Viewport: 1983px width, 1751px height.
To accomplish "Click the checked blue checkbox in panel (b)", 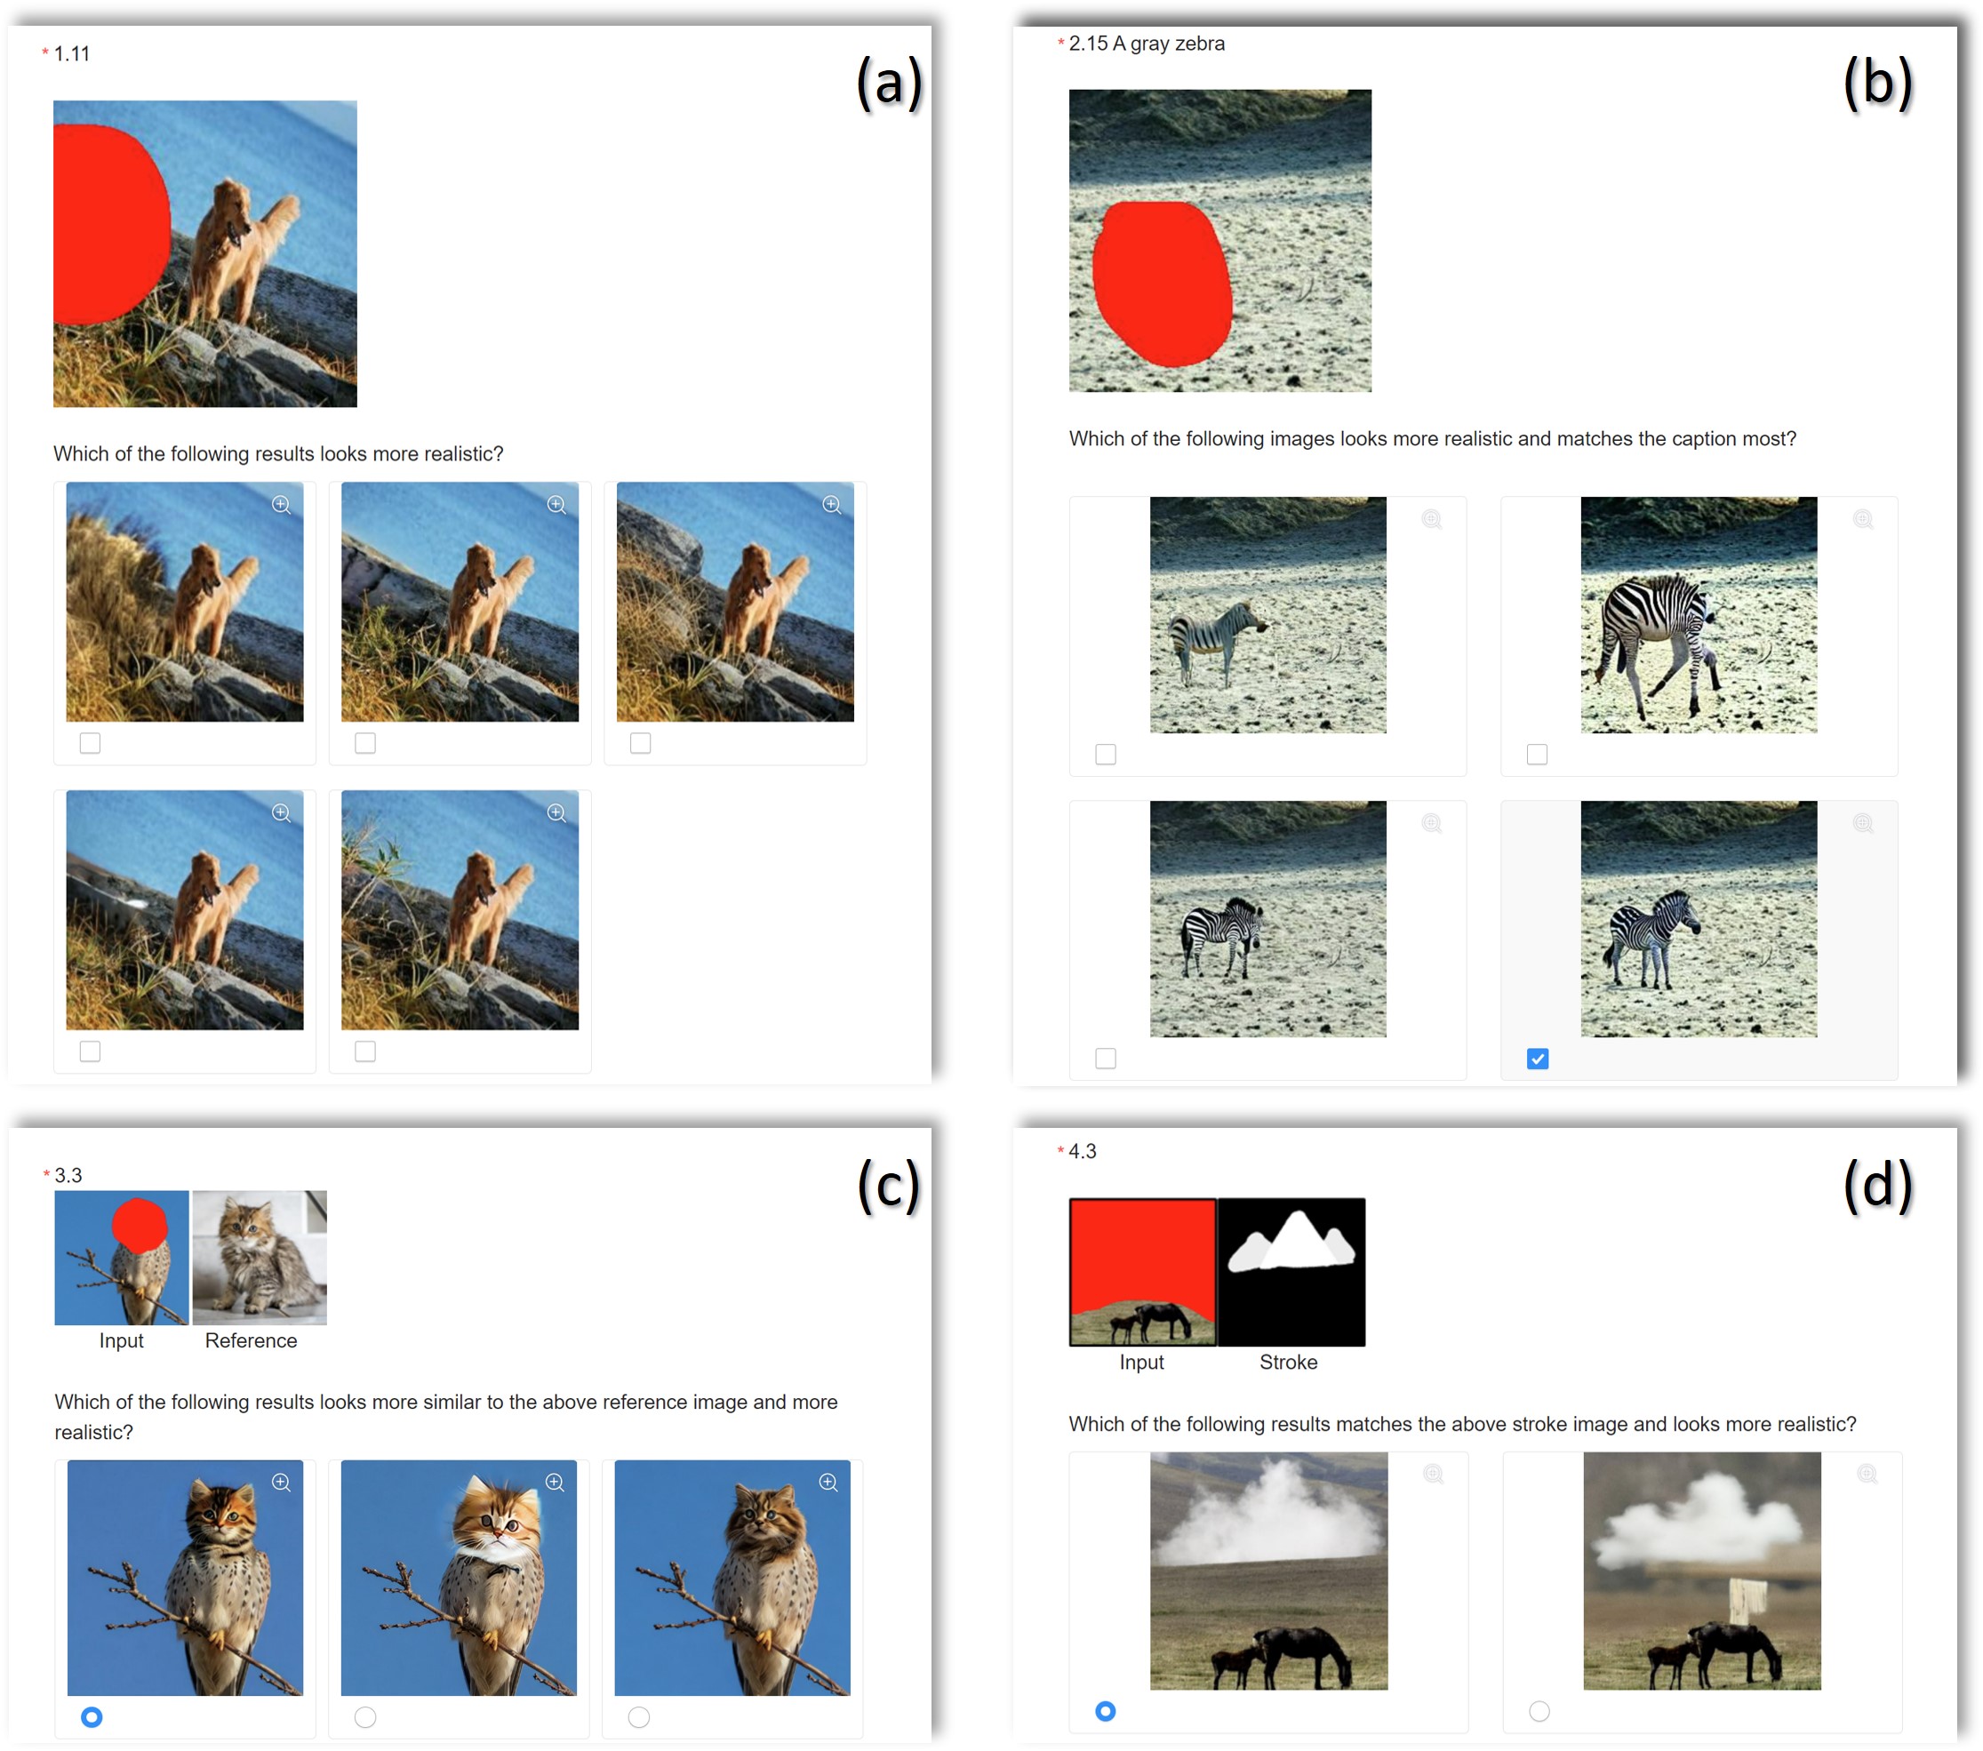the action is point(1537,1059).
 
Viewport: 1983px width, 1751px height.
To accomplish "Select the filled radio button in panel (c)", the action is point(92,1717).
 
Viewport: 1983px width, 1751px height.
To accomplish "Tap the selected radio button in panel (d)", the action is point(1105,1711).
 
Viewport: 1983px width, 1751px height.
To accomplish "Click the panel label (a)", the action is point(889,84).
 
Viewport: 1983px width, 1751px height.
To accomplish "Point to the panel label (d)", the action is point(1877,1186).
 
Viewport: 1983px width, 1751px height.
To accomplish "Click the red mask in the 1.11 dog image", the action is point(108,223).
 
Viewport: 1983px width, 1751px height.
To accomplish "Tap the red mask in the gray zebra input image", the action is point(1162,284).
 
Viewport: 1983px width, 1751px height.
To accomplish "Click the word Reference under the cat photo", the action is point(252,1340).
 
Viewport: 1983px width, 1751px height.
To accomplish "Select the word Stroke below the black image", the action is point(1288,1362).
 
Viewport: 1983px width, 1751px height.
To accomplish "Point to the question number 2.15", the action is point(1088,44).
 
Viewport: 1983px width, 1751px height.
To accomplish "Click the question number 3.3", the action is point(68,1176).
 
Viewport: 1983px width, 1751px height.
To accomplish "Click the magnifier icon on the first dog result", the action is point(282,505).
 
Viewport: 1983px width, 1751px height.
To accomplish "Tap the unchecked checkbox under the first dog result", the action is point(91,743).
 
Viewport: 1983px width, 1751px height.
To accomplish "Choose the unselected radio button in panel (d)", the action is point(1539,1711).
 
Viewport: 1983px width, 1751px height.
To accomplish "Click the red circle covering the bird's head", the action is point(139,1224).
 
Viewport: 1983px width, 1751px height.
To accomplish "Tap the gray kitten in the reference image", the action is point(260,1257).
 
